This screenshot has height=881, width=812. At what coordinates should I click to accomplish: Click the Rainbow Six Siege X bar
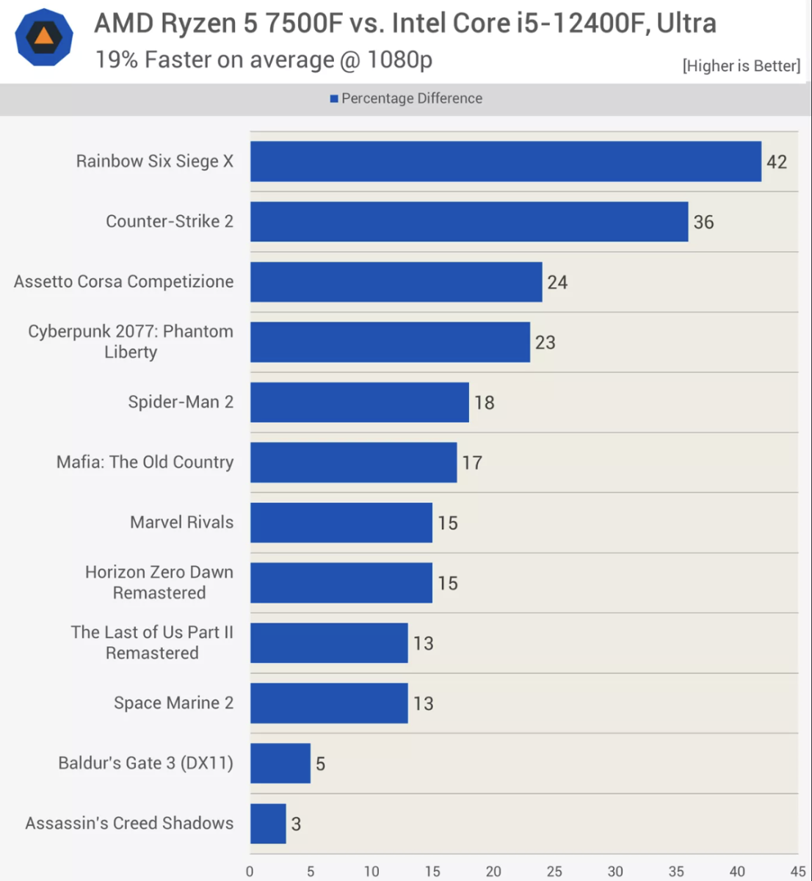pyautogui.click(x=505, y=162)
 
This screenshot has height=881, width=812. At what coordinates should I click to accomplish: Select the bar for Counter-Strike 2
pyautogui.click(x=469, y=222)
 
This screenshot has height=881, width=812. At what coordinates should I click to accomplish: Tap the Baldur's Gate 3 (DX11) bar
pyautogui.click(x=280, y=764)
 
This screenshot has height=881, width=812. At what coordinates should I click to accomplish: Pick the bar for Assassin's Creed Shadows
pyautogui.click(x=268, y=824)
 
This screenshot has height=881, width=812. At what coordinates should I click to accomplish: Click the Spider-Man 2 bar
pyautogui.click(x=359, y=402)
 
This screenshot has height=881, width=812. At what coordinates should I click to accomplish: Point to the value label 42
pyautogui.click(x=777, y=162)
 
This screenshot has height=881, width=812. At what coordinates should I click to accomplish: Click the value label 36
pyautogui.click(x=703, y=222)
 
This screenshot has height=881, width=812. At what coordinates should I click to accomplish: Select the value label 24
pyautogui.click(x=557, y=283)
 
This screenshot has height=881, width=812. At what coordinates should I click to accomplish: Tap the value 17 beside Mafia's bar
pyautogui.click(x=472, y=463)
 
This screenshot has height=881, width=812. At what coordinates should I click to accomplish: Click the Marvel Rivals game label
pyautogui.click(x=181, y=522)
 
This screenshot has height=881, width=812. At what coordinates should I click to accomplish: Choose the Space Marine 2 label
pyautogui.click(x=173, y=703)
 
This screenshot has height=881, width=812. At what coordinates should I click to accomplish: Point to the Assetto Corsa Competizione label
pyautogui.click(x=123, y=281)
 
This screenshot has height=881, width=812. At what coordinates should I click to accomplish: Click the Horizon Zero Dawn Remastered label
pyautogui.click(x=159, y=582)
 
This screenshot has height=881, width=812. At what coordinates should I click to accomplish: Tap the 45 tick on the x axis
pyautogui.click(x=798, y=871)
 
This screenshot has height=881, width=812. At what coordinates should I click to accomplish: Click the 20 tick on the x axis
pyautogui.click(x=493, y=871)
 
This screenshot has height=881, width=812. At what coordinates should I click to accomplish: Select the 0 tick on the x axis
pyautogui.click(x=250, y=871)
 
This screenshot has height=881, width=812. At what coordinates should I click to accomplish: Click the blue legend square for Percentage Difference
pyautogui.click(x=334, y=98)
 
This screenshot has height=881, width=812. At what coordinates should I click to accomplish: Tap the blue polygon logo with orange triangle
pyautogui.click(x=44, y=37)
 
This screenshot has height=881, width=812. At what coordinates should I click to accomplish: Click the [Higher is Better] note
pyautogui.click(x=741, y=66)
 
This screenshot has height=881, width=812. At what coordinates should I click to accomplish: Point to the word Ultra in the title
pyautogui.click(x=686, y=23)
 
